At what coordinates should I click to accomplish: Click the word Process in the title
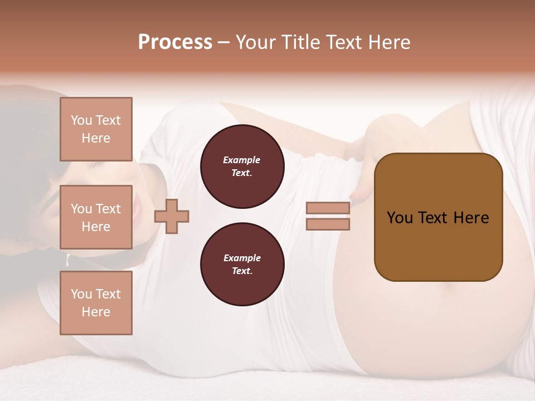(175, 42)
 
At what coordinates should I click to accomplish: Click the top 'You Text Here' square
(96, 129)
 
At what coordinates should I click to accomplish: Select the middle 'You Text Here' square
(96, 217)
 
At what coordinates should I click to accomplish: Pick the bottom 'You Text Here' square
(96, 303)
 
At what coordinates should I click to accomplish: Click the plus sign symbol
(172, 216)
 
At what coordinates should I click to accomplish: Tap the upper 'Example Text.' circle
(242, 167)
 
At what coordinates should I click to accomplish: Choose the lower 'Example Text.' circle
(242, 265)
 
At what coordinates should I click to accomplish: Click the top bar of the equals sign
(328, 208)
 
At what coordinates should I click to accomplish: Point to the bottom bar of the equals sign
(328, 224)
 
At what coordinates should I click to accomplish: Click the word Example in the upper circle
(242, 160)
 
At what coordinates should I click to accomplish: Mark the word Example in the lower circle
(242, 258)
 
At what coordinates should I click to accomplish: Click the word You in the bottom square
(81, 294)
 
